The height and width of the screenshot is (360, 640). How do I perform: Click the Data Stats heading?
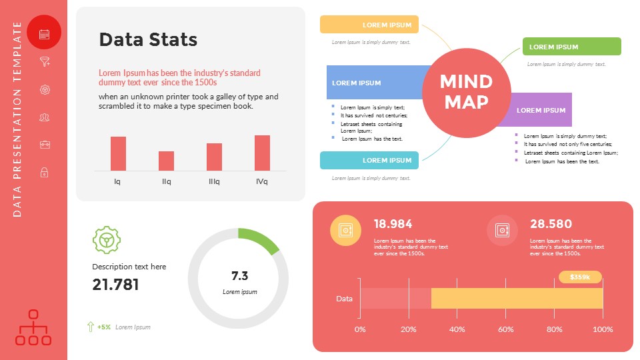coord(148,39)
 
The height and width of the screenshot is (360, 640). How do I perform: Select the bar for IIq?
coord(166,161)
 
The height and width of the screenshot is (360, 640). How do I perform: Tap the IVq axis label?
coord(262,181)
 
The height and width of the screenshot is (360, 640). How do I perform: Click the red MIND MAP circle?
coord(466,92)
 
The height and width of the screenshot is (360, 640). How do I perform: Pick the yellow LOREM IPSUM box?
coord(369,25)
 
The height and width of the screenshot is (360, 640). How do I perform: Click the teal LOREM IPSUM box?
coord(369,160)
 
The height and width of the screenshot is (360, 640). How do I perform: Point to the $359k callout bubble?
coord(579,277)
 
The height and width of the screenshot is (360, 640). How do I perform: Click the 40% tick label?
coord(457,329)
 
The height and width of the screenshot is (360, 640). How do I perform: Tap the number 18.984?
coord(393,224)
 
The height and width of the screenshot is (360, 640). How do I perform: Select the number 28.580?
coord(551,224)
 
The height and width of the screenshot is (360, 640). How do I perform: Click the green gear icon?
coord(106,239)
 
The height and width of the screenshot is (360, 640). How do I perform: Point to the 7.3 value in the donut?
coord(239,276)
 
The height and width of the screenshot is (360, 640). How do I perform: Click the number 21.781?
coord(115,285)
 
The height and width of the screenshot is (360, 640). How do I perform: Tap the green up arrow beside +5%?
coord(90,327)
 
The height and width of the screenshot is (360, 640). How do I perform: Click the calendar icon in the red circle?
coord(45,35)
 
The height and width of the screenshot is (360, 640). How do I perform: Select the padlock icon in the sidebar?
coord(45,173)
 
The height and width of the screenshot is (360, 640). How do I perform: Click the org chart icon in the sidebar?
coord(33,328)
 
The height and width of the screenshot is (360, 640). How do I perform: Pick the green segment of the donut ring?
coord(261,239)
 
